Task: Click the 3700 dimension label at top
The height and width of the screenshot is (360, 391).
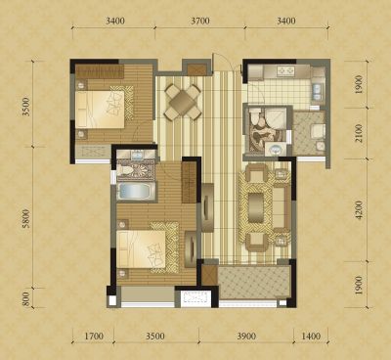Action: (200, 22)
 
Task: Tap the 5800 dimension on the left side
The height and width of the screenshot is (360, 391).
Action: (26, 218)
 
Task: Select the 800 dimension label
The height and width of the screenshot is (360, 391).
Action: (26, 298)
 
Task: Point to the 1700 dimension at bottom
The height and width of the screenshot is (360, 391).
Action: (94, 336)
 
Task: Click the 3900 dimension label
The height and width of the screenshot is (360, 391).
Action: (246, 336)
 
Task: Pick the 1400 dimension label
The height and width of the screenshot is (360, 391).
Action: (311, 336)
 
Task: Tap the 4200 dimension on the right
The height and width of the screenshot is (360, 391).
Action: (359, 209)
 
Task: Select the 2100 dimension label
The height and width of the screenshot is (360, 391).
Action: (359, 133)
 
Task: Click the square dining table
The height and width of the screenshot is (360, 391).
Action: (183, 102)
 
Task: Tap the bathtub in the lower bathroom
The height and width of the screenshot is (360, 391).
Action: (136, 192)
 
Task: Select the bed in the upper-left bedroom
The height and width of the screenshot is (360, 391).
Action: (100, 110)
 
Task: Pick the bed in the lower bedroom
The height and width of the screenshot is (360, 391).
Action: (142, 249)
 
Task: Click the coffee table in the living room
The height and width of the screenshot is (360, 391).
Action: (256, 207)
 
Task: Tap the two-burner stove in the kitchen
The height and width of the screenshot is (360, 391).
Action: (285, 70)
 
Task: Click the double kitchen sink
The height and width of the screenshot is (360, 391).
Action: (317, 91)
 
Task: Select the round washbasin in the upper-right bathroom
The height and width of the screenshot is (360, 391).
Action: (276, 150)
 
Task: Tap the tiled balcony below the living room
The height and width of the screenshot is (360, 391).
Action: (253, 283)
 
